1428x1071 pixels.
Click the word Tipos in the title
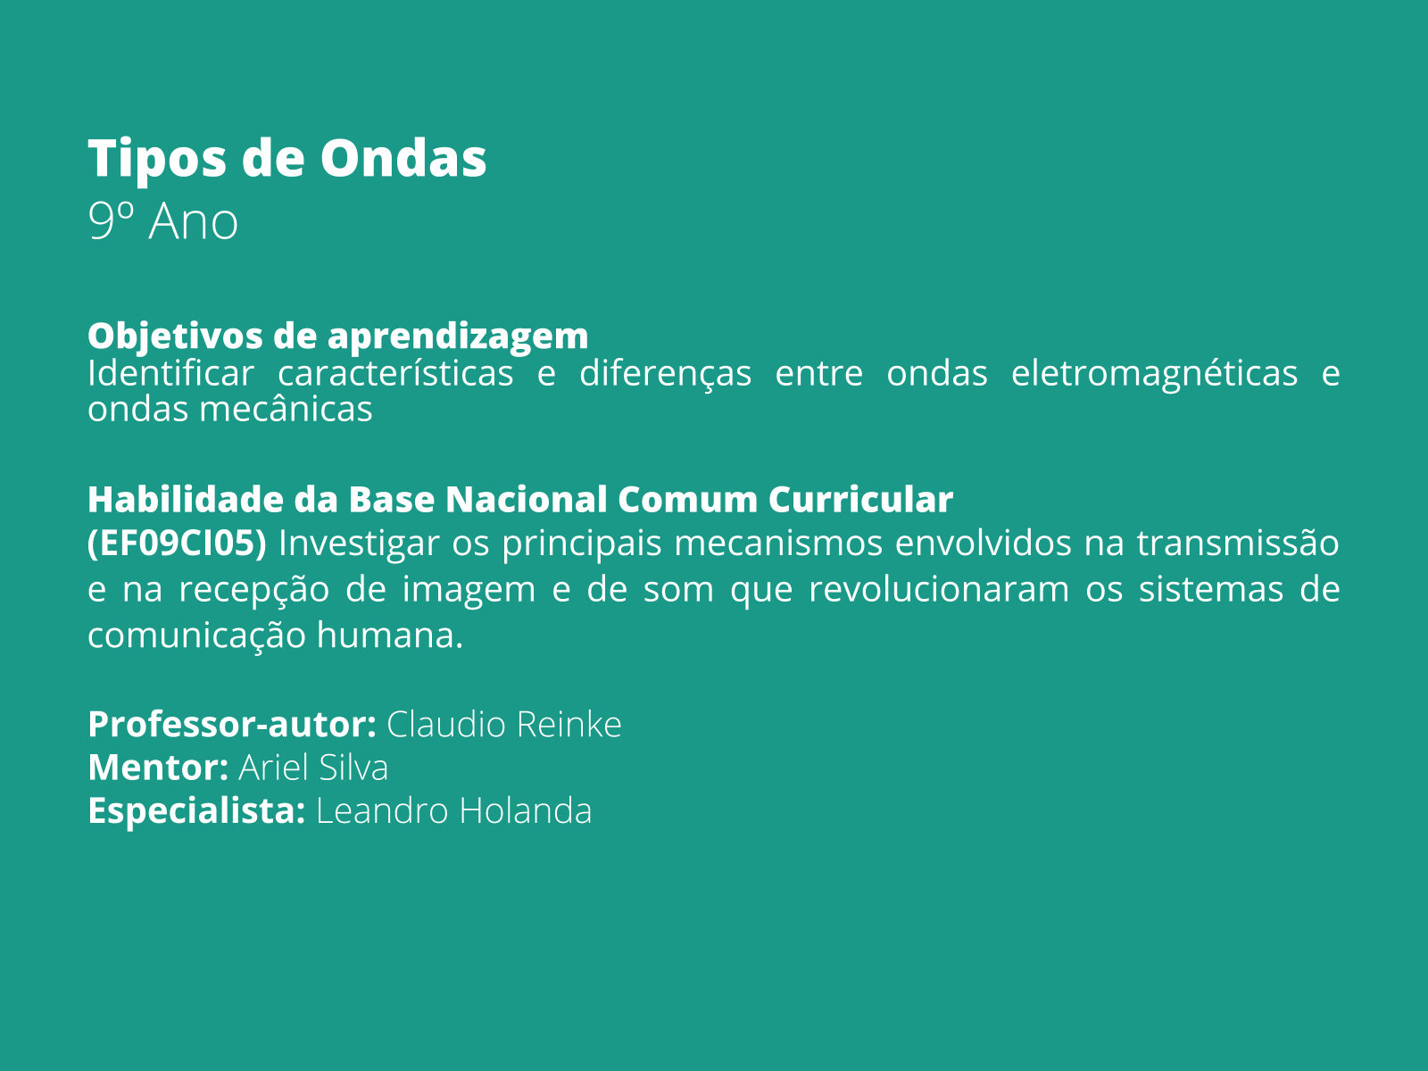(157, 160)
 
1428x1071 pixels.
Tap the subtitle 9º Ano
(163, 221)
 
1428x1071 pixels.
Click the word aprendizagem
(457, 337)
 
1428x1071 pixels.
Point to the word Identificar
(170, 373)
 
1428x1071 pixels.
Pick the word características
(395, 373)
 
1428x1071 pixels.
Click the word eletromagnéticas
(1154, 375)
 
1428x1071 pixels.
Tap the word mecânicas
(286, 410)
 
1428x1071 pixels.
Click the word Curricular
(860, 500)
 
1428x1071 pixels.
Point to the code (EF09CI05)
(177, 544)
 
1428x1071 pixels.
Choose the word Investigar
(359, 544)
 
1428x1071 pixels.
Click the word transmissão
(1237, 543)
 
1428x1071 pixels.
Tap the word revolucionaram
(939, 589)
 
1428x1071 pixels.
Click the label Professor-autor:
(232, 725)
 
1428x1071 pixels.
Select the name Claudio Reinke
(504, 725)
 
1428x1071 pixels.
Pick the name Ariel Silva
(313, 768)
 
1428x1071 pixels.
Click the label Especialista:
(196, 811)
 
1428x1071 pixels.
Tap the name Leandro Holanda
(454, 811)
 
